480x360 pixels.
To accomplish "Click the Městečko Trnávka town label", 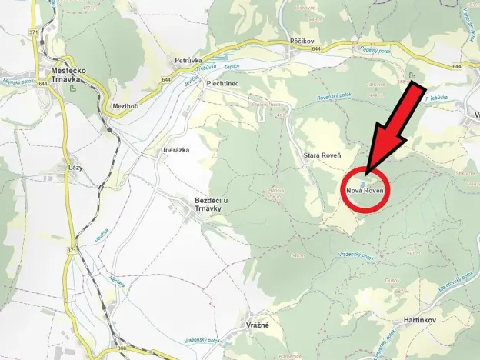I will (67, 73).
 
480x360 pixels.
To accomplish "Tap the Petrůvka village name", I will (188, 60).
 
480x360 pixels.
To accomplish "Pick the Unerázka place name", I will (174, 150).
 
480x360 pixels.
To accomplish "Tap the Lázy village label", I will (75, 167).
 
